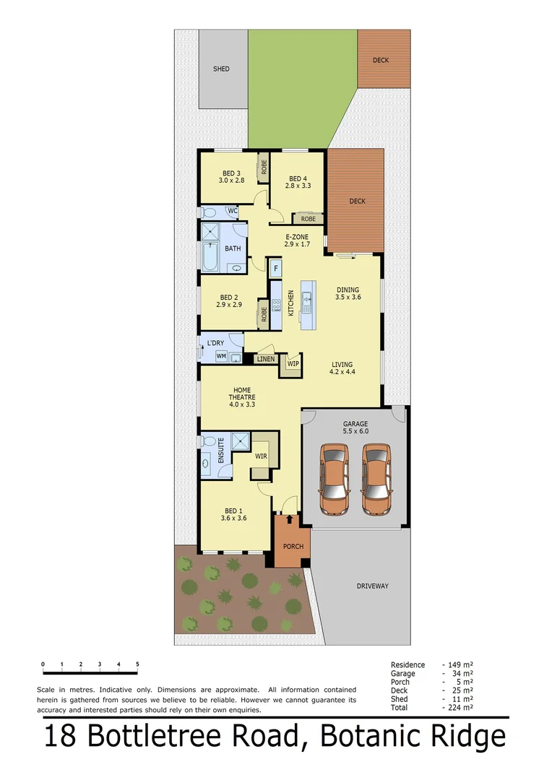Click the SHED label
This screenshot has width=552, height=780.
(221, 69)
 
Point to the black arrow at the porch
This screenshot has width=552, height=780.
(291, 518)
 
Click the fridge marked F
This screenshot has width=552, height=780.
(275, 269)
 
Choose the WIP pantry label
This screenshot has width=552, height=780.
(293, 363)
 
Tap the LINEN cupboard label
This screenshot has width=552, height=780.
(265, 358)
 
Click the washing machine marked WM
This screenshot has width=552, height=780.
(220, 356)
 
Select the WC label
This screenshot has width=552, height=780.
(232, 211)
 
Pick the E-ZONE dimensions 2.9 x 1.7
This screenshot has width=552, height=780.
(297, 244)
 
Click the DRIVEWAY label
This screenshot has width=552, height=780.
(372, 586)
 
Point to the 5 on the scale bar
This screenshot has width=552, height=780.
(137, 664)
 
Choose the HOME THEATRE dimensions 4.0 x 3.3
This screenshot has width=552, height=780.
(241, 404)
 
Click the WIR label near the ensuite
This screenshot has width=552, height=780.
(260, 456)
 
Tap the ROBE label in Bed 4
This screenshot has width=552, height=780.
(308, 218)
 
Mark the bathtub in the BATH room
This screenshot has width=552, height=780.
(209, 256)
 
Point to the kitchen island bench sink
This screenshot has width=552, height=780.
(306, 297)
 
